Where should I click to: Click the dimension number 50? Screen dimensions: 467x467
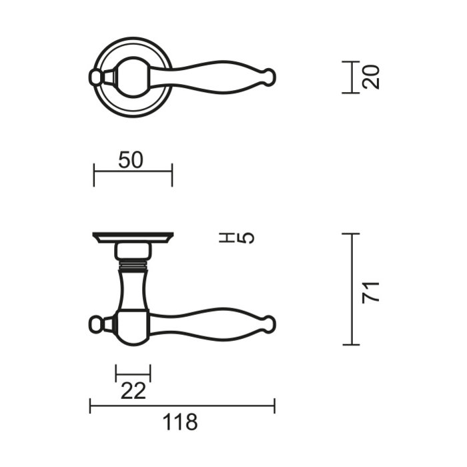[x=131, y=160]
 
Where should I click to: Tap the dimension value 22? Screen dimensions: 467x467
[x=133, y=391]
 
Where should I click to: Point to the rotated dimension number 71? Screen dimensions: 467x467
[x=371, y=292]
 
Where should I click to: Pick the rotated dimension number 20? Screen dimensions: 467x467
[x=372, y=77]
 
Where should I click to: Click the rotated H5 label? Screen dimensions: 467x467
[x=237, y=238]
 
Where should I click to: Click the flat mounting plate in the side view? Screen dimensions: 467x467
[x=132, y=238]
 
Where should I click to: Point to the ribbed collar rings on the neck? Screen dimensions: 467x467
[x=132, y=266]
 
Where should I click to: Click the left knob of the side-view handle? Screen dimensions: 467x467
[x=97, y=324]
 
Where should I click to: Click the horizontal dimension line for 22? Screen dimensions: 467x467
[x=133, y=373]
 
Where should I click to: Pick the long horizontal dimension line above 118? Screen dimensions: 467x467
[x=182, y=405]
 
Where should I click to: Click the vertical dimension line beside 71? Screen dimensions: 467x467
[x=351, y=289]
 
